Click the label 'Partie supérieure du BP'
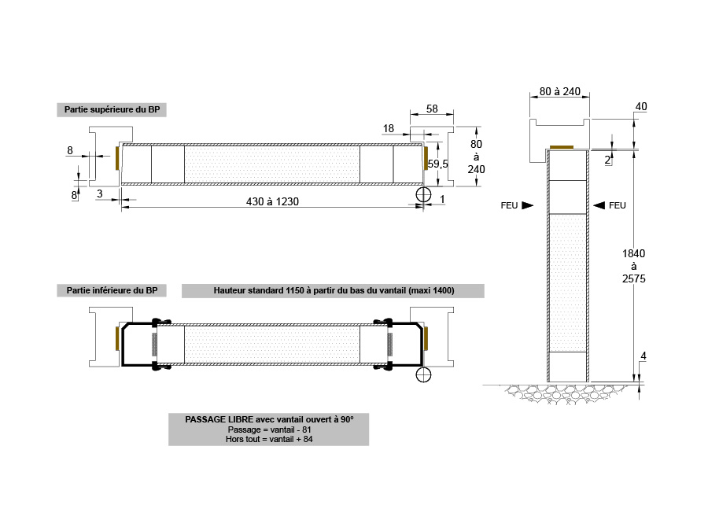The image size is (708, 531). (x=112, y=109)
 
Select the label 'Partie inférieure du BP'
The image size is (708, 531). (x=112, y=290)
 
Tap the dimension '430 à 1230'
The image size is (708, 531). (x=272, y=201)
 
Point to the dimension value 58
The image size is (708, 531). (x=432, y=109)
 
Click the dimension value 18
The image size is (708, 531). (x=389, y=129)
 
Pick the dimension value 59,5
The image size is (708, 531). (x=437, y=164)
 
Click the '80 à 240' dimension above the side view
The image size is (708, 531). (x=560, y=92)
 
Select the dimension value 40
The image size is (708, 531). (x=641, y=106)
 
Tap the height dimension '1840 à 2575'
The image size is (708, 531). (x=634, y=266)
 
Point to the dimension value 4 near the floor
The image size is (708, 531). (x=643, y=356)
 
